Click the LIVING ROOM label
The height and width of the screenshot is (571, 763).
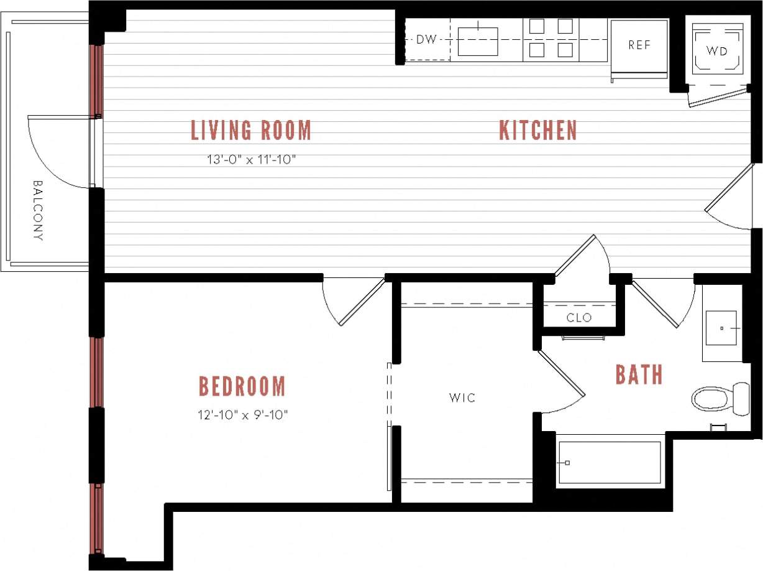(250, 131)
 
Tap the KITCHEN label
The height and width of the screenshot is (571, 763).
(538, 131)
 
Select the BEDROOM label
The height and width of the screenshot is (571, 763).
(242, 386)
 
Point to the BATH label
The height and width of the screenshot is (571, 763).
(639, 375)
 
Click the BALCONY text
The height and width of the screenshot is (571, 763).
(38, 210)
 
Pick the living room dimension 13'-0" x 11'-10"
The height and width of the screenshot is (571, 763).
(250, 159)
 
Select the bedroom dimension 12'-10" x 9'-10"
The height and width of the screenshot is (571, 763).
(242, 414)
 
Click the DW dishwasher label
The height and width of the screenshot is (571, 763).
(426, 40)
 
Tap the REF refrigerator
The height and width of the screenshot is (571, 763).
(639, 45)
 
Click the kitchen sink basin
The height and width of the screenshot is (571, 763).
(478, 41)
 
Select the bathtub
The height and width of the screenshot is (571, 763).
(609, 462)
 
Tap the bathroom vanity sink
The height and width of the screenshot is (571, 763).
(721, 328)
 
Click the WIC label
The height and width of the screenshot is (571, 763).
(463, 397)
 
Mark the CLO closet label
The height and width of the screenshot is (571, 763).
(579, 318)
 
